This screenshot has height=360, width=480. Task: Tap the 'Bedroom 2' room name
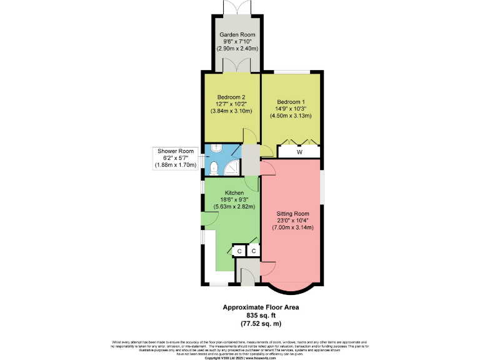(231, 97)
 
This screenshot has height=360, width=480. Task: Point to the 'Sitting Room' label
(292, 213)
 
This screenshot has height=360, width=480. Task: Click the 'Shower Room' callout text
(176, 151)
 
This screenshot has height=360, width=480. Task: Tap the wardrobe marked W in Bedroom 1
(299, 151)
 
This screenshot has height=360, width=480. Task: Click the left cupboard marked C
(239, 251)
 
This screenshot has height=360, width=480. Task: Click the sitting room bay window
(292, 287)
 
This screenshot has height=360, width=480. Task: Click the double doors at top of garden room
(234, 7)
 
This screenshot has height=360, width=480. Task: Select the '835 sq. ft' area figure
(261, 316)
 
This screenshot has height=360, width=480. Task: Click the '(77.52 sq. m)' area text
(261, 324)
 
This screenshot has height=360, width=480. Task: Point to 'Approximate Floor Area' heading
(261, 307)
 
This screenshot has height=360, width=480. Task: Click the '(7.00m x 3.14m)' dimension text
(292, 227)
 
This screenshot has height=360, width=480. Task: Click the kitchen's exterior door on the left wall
(206, 221)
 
